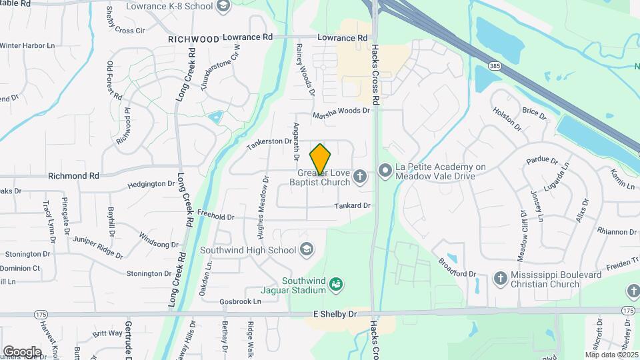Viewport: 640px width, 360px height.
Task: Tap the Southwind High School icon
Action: [x=307, y=250]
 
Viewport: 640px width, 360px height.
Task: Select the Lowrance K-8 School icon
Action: [x=223, y=7]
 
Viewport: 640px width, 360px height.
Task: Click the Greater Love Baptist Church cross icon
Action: [x=360, y=177]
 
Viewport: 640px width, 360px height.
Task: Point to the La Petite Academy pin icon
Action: [x=385, y=171]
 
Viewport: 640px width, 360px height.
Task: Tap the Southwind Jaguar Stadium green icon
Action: [x=337, y=285]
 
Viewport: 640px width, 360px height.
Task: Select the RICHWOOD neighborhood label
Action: [x=193, y=39]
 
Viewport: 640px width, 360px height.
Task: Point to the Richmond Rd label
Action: [x=73, y=176]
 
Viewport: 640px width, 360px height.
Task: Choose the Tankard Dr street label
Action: [x=353, y=206]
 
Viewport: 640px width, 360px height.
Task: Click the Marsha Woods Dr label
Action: [x=341, y=111]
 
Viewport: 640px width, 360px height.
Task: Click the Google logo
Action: [x=22, y=351]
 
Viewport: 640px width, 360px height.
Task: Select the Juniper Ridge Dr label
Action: [x=98, y=246]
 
